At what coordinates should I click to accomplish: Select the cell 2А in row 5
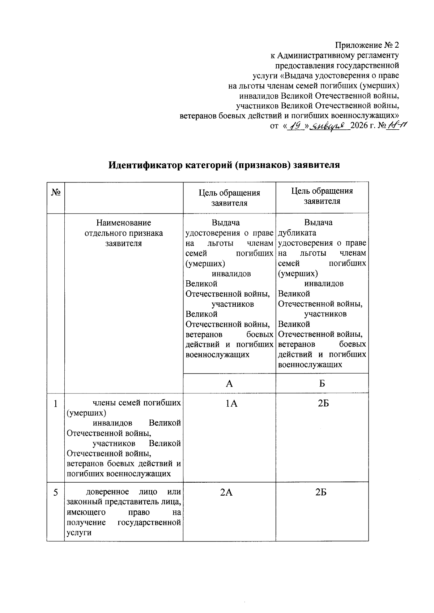[x=226, y=492]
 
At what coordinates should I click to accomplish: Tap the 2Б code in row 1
[x=323, y=403]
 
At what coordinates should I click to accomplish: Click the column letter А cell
[x=229, y=384]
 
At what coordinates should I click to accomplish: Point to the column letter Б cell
[x=322, y=384]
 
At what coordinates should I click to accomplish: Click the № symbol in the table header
[x=55, y=192]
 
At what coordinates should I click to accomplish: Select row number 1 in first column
[x=55, y=403]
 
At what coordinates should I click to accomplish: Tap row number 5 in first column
[x=55, y=492]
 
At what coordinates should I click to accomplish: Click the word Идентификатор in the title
[x=146, y=165]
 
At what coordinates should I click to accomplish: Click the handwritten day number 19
[x=296, y=126]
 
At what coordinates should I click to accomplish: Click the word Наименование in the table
[x=123, y=223]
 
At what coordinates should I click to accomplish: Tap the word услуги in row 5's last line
[x=79, y=533]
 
